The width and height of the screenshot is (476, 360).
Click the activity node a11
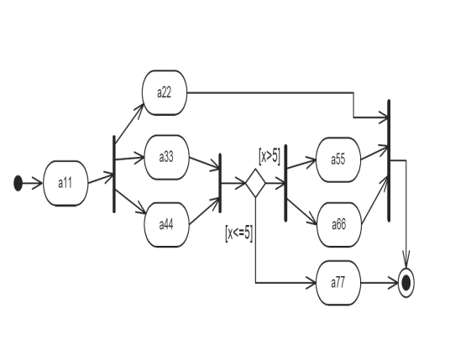[65, 182]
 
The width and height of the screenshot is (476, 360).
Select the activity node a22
[165, 91]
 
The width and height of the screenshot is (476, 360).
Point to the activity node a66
[338, 225]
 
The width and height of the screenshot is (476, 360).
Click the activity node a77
[338, 284]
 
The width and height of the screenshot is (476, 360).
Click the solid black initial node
[18, 183]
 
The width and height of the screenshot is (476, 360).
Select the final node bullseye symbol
[407, 284]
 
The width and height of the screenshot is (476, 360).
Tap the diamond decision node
[254, 182]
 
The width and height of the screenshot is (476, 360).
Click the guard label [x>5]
[269, 156]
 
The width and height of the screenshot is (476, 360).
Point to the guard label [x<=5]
[239, 232]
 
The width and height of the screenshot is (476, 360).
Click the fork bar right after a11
[114, 175]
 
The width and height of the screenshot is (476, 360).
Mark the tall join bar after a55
[389, 159]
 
